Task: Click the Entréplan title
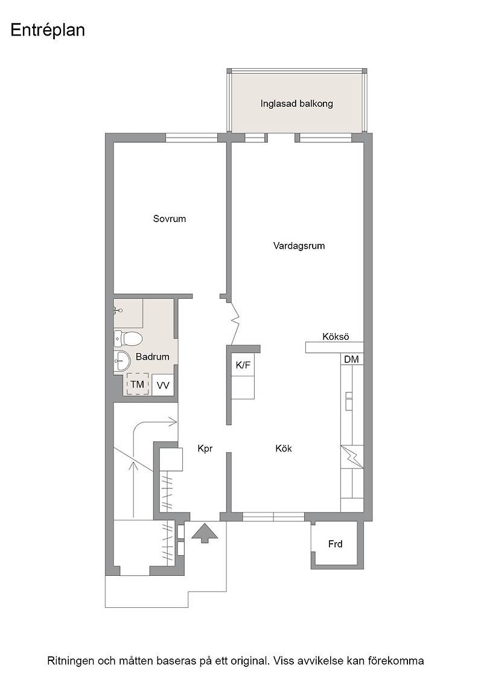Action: coord(48,31)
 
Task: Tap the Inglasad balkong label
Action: coord(296,104)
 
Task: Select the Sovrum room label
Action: coord(170,218)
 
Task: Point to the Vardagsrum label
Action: coord(299,246)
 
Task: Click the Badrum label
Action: coord(152,357)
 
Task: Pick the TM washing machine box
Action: coord(138,384)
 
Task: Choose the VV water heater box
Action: coord(163,385)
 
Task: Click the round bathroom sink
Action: coord(123,360)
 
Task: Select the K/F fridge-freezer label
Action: coord(243,365)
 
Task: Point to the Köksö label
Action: coord(336,337)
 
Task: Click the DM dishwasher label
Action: coord(351,359)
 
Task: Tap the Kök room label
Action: coord(284,448)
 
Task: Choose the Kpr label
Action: coord(205,449)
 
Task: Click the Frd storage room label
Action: coord(335,544)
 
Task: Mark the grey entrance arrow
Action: coord(205,534)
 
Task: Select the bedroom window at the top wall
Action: coord(192,138)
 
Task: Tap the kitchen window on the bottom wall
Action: coord(273,517)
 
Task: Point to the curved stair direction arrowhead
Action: coord(174,421)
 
